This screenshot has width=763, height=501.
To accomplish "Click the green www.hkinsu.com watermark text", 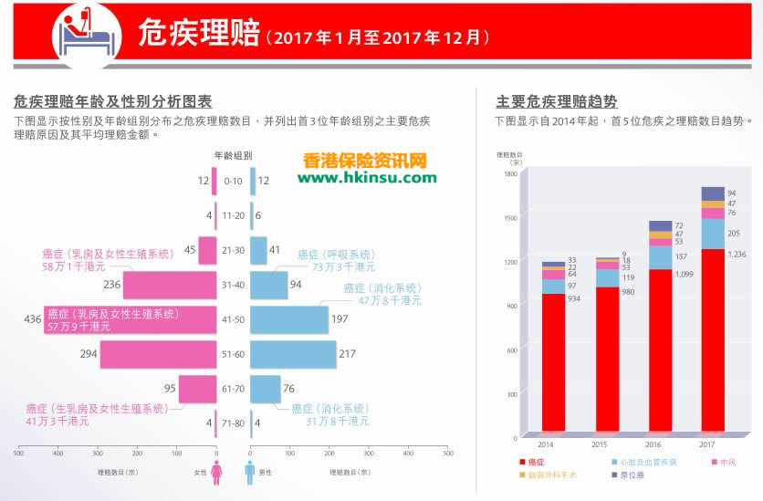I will pyautogui.click(x=366, y=177).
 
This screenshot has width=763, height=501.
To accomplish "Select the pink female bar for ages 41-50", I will pyautogui.click(x=130, y=319).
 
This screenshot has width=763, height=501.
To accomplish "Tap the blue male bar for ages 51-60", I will pyautogui.click(x=293, y=354).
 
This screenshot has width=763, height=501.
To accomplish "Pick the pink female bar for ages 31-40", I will pyautogui.click(x=169, y=285).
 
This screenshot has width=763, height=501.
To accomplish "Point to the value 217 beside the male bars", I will pyautogui.click(x=348, y=354).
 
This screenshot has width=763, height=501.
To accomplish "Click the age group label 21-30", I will pyautogui.click(x=233, y=250).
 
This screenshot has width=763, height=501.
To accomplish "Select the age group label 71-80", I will pyautogui.click(x=233, y=423).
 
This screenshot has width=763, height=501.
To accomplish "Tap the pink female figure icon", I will pyautogui.click(x=216, y=472).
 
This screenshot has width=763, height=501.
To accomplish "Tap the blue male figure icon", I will pyautogui.click(x=249, y=472).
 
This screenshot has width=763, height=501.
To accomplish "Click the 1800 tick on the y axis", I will pyautogui.click(x=509, y=173).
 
